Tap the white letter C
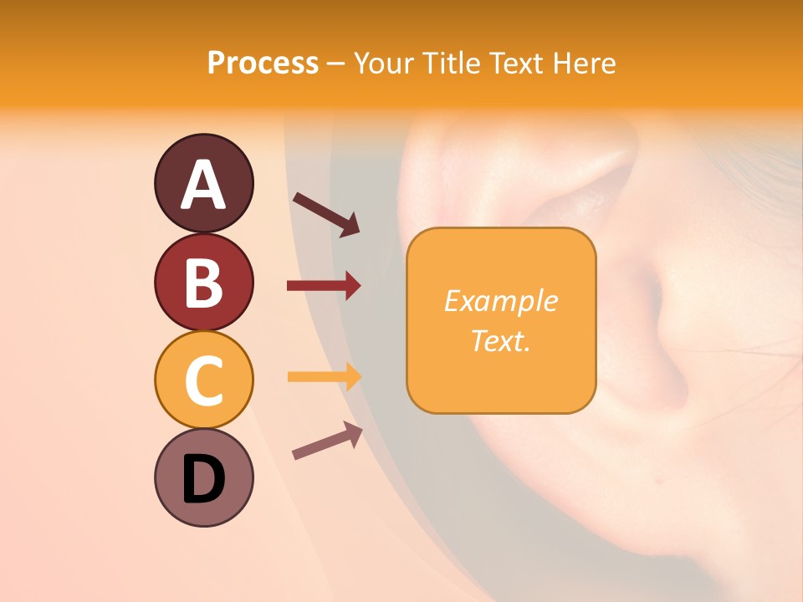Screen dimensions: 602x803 pos(203,380)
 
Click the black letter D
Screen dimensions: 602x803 pos(203,479)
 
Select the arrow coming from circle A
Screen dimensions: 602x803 pos(325,213)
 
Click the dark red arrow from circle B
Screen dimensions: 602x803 pos(324,286)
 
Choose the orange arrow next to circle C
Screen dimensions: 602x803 pos(324,376)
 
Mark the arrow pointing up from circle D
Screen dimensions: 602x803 pos(327,441)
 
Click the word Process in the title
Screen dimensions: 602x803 pos(263,64)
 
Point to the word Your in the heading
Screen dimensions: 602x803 pos(386,64)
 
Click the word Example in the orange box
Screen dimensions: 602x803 pos(500,301)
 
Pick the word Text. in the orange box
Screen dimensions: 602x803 pos(500,340)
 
